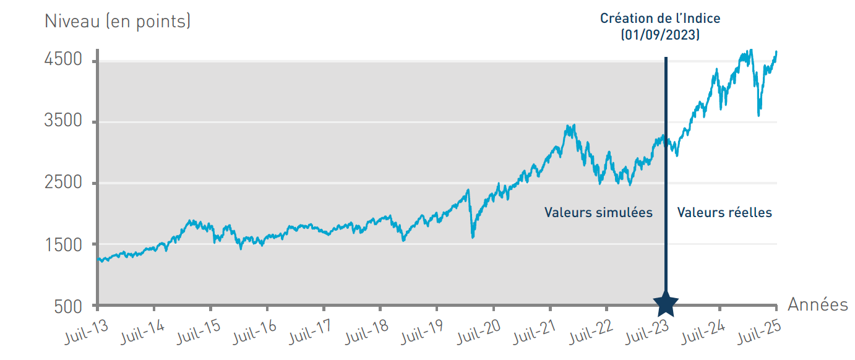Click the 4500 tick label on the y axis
(x=63, y=60)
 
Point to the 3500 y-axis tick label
(x=63, y=121)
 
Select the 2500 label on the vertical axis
(x=63, y=183)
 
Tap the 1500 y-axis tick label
(x=63, y=245)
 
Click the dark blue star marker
(x=666, y=304)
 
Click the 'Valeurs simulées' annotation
(x=598, y=213)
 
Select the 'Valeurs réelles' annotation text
(x=724, y=213)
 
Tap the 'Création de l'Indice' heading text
(x=660, y=19)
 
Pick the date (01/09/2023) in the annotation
(x=660, y=35)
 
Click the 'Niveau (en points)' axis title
(x=118, y=22)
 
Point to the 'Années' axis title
(x=817, y=305)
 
